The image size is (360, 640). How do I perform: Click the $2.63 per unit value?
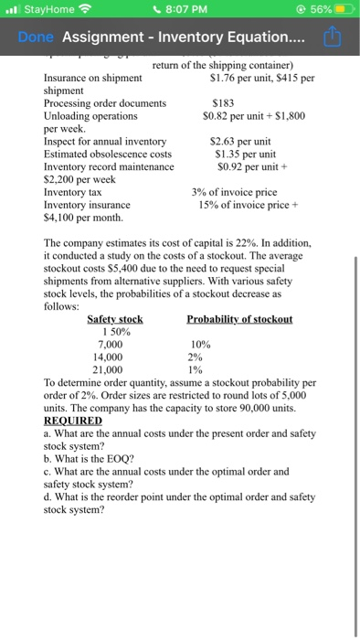click(x=240, y=142)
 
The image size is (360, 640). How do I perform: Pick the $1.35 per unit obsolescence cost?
click(x=240, y=155)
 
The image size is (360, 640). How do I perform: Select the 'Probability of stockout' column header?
click(x=239, y=318)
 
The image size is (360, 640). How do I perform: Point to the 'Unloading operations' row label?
click(x=91, y=116)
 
